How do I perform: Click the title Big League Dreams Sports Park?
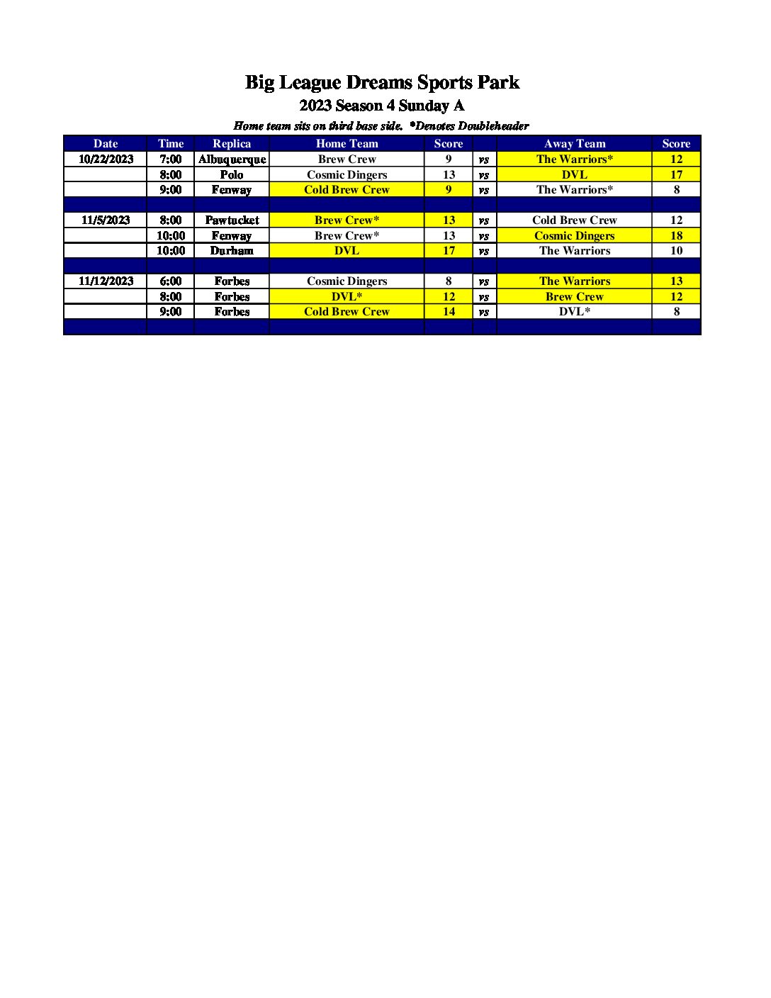point(382,82)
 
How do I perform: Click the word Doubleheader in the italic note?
point(493,126)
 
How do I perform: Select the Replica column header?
point(232,144)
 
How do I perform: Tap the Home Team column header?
point(347,144)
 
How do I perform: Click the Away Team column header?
point(574,144)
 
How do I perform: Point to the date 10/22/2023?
point(106,159)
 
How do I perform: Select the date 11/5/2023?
point(106,220)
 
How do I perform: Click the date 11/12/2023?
point(106,281)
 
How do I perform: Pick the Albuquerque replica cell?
point(232,159)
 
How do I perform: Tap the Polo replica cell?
point(232,175)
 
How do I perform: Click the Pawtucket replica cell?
point(232,220)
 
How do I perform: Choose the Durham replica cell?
point(232,251)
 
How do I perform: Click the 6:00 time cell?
point(170,281)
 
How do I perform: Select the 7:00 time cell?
point(170,159)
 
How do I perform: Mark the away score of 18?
point(676,236)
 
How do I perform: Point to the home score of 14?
point(449,312)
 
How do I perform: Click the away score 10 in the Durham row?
point(676,251)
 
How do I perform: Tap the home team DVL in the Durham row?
point(347,251)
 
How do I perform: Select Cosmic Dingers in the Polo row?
point(347,175)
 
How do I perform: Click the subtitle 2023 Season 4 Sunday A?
point(382,106)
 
